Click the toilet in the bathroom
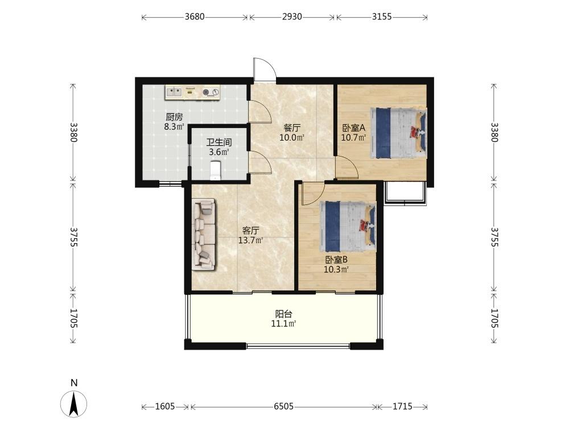(x=216, y=170)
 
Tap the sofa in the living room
(x=204, y=235)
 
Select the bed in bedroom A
(x=398, y=133)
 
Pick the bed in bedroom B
(x=348, y=227)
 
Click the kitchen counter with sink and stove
(x=193, y=92)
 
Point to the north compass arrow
(x=73, y=404)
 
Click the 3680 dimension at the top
(x=195, y=17)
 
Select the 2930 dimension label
(x=292, y=17)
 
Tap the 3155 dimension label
(x=382, y=17)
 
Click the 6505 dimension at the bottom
(x=283, y=407)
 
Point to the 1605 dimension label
(x=165, y=407)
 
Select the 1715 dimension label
(x=402, y=407)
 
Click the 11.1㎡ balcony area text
(x=283, y=324)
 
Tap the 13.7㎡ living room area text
(x=250, y=240)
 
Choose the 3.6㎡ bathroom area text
(x=219, y=153)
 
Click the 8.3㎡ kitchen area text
(x=174, y=127)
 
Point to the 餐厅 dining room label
(x=292, y=128)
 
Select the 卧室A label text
(x=353, y=128)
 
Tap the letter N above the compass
(x=74, y=383)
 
